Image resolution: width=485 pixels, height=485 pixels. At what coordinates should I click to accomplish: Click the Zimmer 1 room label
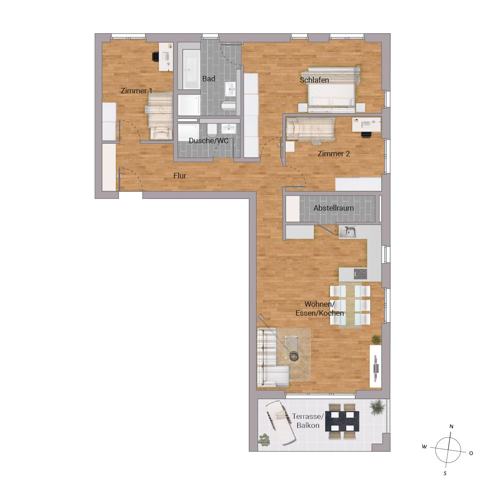[x=137, y=91]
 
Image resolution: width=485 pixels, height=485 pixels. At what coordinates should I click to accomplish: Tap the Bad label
[x=209, y=79]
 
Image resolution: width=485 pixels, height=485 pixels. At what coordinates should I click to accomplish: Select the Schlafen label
[x=314, y=80]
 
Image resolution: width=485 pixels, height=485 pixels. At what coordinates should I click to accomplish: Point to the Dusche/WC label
[x=209, y=141]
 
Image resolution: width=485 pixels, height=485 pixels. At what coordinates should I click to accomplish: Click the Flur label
[x=180, y=176]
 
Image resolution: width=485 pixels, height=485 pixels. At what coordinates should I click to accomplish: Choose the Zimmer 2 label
[x=334, y=154]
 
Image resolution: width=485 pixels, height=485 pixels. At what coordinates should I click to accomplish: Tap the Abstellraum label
[x=334, y=208]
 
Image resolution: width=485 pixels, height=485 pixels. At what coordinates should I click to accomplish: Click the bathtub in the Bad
[x=191, y=69]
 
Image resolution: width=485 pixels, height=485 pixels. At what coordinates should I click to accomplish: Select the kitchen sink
[x=347, y=232]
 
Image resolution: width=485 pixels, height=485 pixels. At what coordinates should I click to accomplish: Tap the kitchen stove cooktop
[x=360, y=273]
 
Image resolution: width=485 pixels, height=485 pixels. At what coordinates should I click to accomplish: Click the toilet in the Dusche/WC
[x=212, y=130]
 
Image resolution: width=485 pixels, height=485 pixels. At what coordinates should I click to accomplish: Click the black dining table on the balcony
[x=342, y=421]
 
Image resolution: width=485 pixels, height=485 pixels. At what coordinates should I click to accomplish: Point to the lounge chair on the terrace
[x=281, y=423]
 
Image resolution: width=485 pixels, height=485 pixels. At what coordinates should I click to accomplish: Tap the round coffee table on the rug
[x=293, y=356]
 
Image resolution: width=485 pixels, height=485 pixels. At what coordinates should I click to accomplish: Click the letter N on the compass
[x=451, y=427]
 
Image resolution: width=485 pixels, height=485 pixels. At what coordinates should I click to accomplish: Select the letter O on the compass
[x=471, y=453]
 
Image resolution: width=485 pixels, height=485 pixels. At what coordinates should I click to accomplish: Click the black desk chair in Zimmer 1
[x=155, y=57]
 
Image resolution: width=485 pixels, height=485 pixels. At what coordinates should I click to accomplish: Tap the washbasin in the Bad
[x=230, y=89]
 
